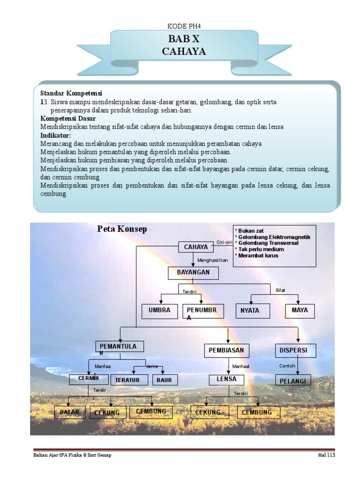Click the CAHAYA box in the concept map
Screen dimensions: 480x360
click(x=195, y=247)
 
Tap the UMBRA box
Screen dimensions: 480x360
click(x=159, y=310)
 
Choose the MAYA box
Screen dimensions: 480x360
click(x=300, y=310)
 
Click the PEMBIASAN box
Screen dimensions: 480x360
click(x=226, y=350)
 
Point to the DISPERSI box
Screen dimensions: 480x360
click(x=295, y=350)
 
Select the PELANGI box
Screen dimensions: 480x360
click(x=292, y=381)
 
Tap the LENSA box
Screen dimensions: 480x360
click(x=226, y=379)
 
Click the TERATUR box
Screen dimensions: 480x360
click(x=127, y=380)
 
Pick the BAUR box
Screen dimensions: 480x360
click(x=164, y=380)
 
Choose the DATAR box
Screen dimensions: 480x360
click(x=70, y=412)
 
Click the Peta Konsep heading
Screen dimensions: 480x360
click(x=122, y=229)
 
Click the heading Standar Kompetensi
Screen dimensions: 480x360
click(x=71, y=93)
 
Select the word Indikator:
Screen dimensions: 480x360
click(x=55, y=135)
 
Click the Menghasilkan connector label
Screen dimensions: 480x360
click(x=212, y=260)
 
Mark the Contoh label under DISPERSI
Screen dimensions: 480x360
click(x=287, y=366)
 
